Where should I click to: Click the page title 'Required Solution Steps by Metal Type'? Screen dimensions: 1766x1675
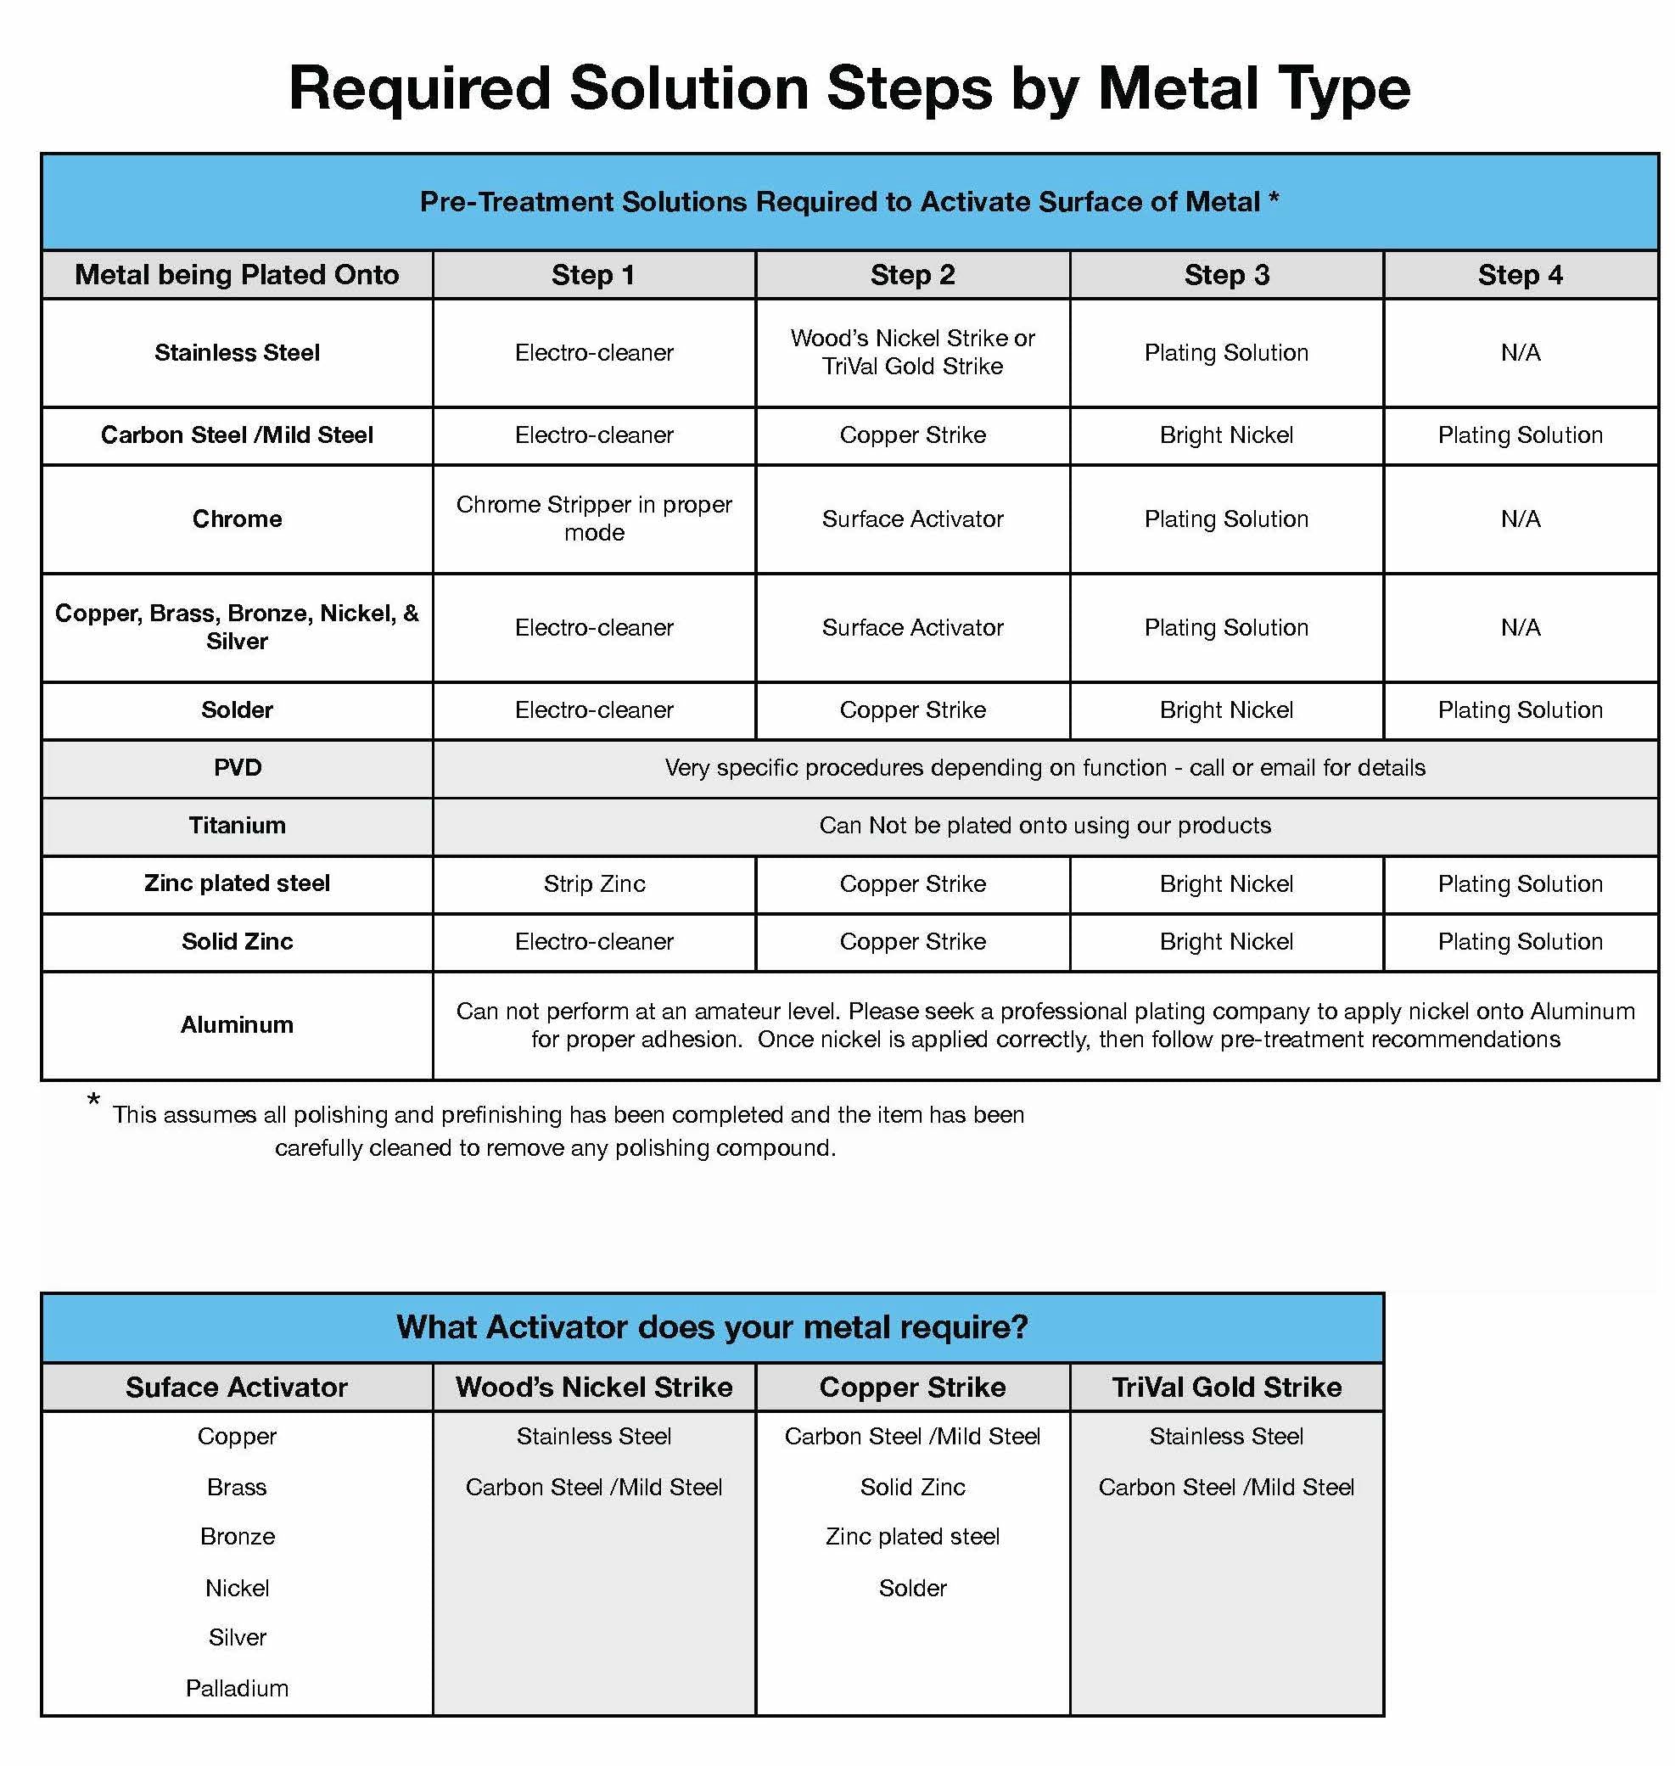pos(849,88)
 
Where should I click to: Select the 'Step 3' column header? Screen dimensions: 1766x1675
pos(1226,275)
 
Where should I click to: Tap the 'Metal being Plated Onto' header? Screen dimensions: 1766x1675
pos(237,275)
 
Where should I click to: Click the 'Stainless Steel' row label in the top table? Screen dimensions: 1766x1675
pos(237,353)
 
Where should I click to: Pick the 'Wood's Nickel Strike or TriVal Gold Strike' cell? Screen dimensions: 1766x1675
pos(911,353)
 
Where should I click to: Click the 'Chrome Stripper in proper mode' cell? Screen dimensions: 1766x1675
pos(594,519)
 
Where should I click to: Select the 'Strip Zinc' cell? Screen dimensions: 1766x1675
pos(594,884)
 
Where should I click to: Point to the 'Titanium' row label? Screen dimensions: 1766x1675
pos(237,825)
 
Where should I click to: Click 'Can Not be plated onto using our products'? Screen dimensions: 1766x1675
pos(1045,825)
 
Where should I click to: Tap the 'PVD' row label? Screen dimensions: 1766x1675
pos(237,768)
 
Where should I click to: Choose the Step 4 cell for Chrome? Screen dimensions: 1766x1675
pos(1520,519)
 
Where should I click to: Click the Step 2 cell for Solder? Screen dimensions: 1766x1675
pos(911,709)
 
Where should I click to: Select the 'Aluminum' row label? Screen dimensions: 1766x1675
pos(237,1024)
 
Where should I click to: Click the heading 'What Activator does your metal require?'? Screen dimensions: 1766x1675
pos(712,1326)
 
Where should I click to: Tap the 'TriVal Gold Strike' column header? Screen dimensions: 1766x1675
pos(1226,1387)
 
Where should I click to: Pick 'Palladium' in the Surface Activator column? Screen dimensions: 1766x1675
pos(237,1688)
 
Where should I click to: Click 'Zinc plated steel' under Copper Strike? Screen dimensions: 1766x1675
pos(911,1537)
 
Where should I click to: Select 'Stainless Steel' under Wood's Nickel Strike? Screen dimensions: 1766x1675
pos(594,1436)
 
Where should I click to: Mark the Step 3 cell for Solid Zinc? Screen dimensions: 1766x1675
pos(1226,941)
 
